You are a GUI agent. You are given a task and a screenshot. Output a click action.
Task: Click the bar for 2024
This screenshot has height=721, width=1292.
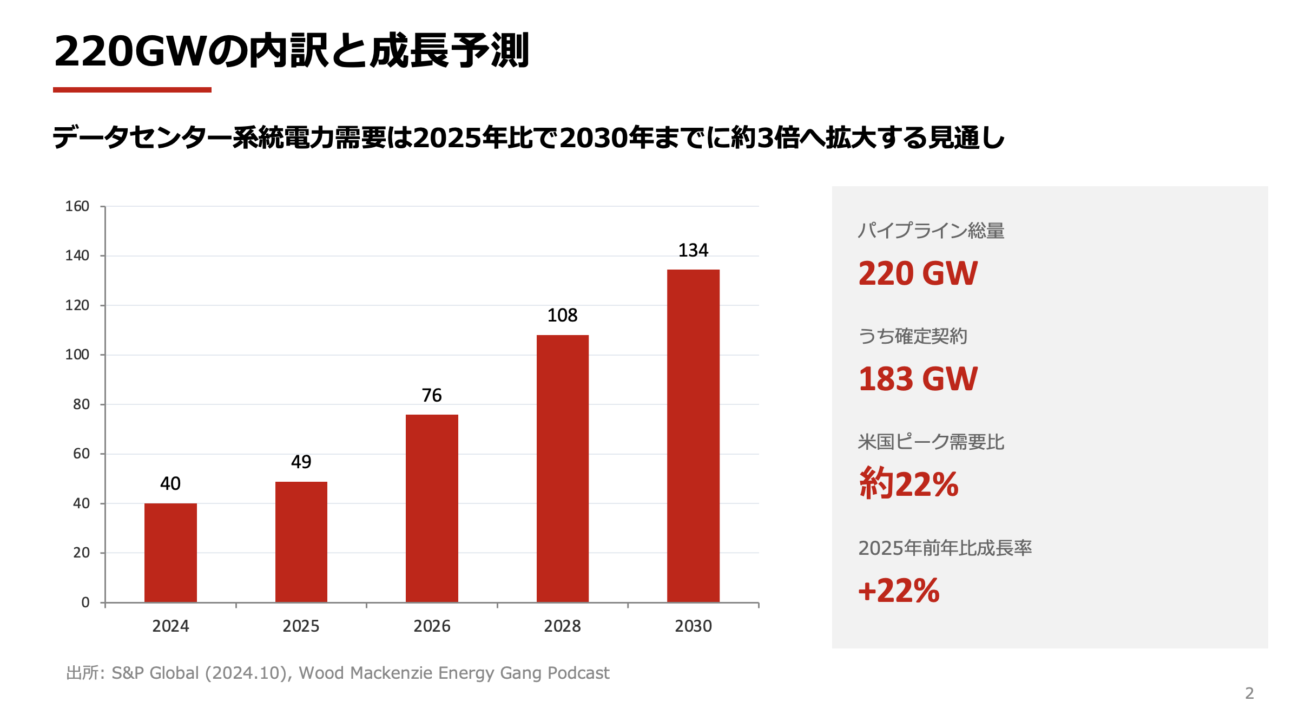[x=170, y=552]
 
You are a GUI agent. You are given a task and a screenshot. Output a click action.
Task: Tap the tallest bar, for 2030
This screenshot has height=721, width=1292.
[x=693, y=436]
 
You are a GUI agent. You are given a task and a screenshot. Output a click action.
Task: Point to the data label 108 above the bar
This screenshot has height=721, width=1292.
[x=562, y=315]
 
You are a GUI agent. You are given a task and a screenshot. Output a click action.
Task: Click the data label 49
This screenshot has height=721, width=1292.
[x=301, y=462]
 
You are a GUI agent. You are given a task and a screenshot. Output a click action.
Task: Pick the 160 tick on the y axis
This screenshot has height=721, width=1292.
[x=77, y=206]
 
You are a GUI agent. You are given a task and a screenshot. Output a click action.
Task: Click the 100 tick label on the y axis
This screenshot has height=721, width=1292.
[x=77, y=355]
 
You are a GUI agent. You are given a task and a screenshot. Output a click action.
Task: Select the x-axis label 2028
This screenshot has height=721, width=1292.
[x=562, y=626]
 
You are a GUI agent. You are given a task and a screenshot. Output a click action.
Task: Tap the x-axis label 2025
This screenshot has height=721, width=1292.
[x=301, y=626]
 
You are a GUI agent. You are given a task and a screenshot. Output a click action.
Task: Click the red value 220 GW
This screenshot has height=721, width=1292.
[x=918, y=273]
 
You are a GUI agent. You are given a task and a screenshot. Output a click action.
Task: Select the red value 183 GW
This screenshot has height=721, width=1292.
[x=918, y=379]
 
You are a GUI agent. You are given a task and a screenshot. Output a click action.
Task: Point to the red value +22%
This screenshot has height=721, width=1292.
[x=899, y=591]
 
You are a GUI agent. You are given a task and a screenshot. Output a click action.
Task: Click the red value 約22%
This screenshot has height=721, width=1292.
[x=908, y=483]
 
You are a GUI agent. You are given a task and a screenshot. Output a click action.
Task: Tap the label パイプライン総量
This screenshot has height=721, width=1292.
[x=931, y=231]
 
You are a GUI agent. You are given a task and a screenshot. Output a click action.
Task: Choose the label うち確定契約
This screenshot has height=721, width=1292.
[x=912, y=336]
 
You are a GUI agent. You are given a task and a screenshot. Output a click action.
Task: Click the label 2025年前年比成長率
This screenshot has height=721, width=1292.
[x=945, y=548]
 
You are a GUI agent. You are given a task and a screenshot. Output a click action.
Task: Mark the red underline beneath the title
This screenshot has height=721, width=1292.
[x=132, y=90]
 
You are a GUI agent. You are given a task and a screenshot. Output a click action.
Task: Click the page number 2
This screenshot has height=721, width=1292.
[x=1249, y=693]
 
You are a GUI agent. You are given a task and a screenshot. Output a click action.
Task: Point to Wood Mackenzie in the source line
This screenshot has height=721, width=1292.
[x=366, y=673]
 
